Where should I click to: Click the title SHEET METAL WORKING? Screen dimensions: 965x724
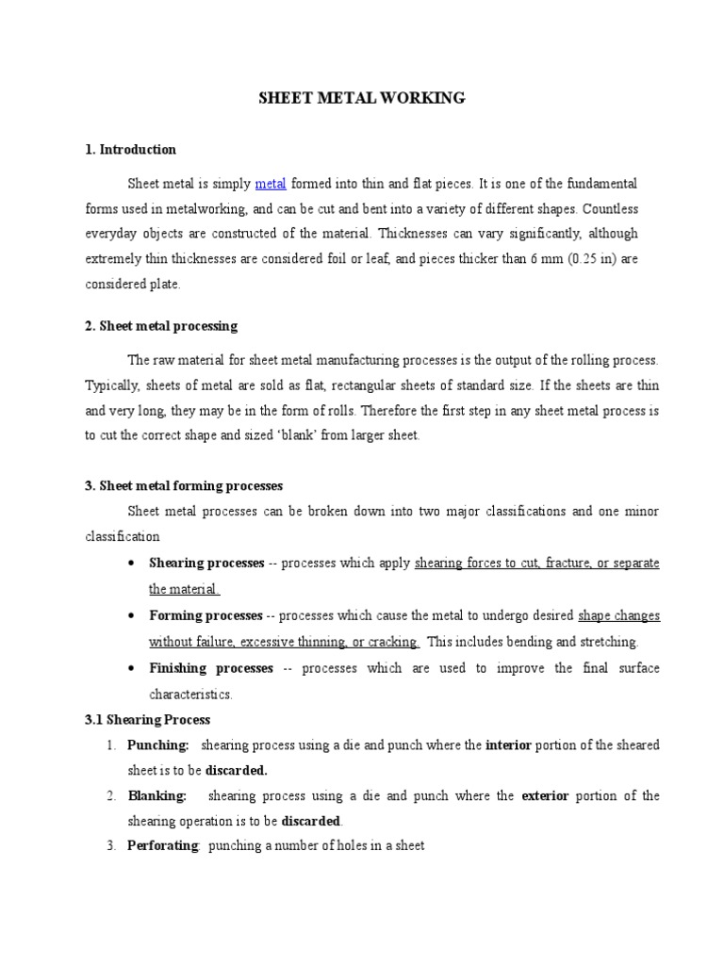pyautogui.click(x=362, y=97)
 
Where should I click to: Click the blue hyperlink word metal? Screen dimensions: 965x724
pyautogui.click(x=271, y=182)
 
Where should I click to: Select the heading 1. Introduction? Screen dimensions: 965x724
pyautogui.click(x=130, y=149)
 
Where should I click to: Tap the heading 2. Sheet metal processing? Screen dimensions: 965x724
pyautogui.click(x=161, y=326)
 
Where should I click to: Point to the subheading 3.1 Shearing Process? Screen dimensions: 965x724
pyautogui.click(x=147, y=720)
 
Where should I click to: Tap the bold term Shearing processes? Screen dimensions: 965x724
pyautogui.click(x=206, y=563)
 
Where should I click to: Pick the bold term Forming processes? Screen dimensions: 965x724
pyautogui.click(x=206, y=615)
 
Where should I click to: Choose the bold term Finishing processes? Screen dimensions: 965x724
pyautogui.click(x=211, y=668)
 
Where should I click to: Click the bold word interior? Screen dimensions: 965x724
pyautogui.click(x=509, y=745)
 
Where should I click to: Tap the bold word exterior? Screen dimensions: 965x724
pyautogui.click(x=545, y=796)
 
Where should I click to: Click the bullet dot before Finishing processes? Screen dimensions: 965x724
pyautogui.click(x=129, y=668)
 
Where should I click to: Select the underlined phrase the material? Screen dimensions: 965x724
pyautogui.click(x=184, y=589)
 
